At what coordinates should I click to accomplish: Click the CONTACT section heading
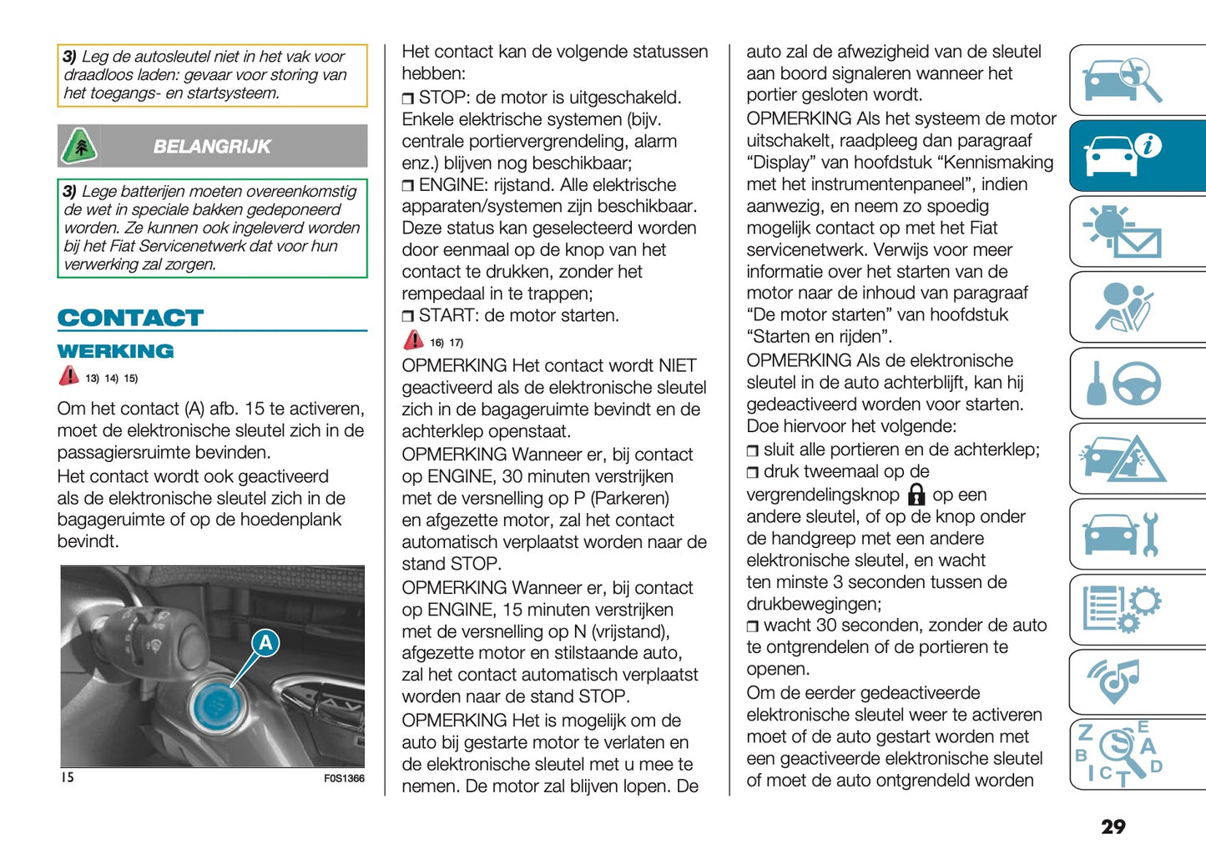tap(130, 318)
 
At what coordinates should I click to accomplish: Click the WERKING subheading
tap(115, 351)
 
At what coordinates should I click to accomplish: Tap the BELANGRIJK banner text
tap(212, 147)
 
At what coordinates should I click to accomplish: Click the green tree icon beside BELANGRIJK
tap(79, 147)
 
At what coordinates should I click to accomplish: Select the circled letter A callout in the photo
tap(265, 643)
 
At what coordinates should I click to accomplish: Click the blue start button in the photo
tap(217, 706)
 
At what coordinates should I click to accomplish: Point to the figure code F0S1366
tap(344, 778)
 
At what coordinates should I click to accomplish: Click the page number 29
tap(1113, 826)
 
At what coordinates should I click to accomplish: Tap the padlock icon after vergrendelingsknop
tap(916, 495)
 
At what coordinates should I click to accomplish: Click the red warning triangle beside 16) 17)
tap(413, 340)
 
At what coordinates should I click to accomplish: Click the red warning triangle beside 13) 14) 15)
tap(68, 376)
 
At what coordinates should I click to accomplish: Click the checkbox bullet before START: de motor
tap(407, 317)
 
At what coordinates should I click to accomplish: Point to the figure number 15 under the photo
tap(67, 777)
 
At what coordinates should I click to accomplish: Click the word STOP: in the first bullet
tap(445, 98)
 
